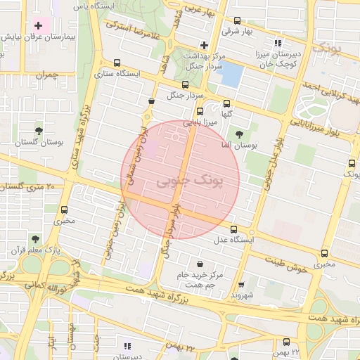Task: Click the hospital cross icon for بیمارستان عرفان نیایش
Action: pos(39,25)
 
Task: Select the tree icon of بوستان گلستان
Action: pos(38,131)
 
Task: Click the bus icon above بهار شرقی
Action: pos(237,20)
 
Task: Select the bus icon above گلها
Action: pos(226,103)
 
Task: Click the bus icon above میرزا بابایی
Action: pos(200,111)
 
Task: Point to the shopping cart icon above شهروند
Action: pos(241,285)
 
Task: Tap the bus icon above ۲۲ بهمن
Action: pos(276,341)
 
